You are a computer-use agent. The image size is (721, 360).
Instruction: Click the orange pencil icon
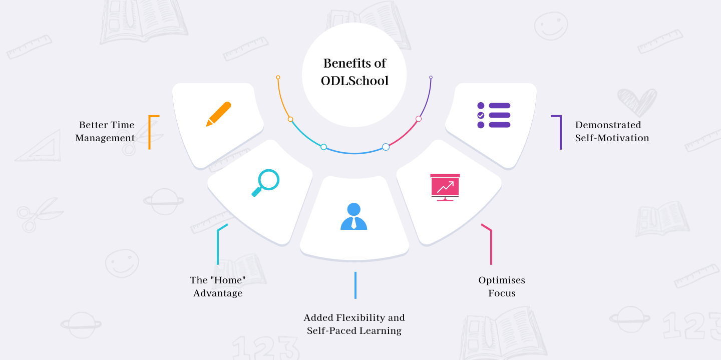pos(218,114)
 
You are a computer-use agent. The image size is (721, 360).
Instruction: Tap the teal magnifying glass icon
pos(265,183)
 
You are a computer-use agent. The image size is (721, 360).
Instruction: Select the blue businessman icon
pos(353,216)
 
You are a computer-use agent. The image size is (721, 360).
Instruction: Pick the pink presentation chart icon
pos(445,187)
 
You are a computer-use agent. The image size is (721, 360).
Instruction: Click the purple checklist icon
pos(494,115)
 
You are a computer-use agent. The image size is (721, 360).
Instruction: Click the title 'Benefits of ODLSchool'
pos(354,72)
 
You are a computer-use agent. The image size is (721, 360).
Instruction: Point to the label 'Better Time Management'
pos(105,131)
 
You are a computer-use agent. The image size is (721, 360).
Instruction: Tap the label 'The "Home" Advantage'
pos(218,286)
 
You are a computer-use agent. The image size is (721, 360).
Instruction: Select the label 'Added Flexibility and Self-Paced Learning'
pos(354,324)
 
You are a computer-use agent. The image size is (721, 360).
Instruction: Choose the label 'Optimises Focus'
pos(502,286)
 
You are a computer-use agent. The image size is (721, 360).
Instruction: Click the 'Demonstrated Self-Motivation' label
pos(612,131)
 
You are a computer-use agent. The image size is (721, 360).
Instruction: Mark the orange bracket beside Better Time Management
pos(149,132)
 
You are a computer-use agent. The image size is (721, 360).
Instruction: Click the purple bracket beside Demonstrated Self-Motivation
pos(561,132)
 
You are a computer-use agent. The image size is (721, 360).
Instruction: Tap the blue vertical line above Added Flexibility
pos(355,285)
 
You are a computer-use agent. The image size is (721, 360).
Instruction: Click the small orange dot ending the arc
pos(278,77)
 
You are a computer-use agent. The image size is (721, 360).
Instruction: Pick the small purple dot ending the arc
pos(431,77)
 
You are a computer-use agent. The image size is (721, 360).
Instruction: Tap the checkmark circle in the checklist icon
pos(481,115)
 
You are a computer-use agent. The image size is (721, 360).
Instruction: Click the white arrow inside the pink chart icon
pos(445,186)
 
